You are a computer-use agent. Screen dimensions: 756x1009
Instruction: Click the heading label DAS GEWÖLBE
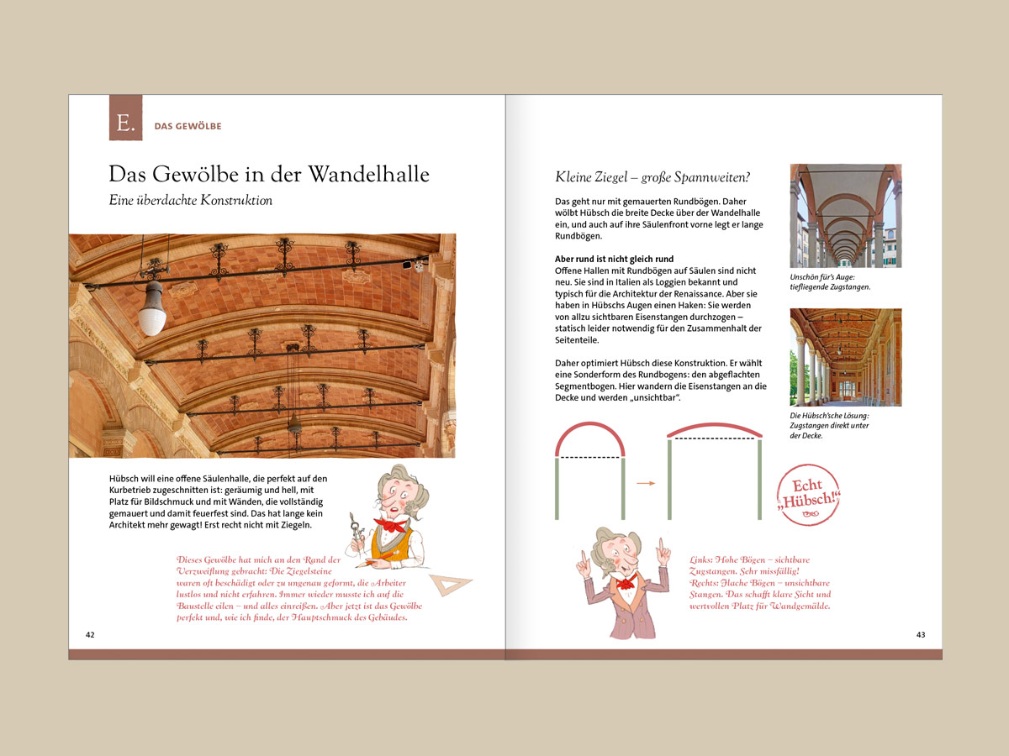click(188, 127)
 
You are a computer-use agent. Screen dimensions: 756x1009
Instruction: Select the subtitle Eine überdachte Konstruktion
click(191, 201)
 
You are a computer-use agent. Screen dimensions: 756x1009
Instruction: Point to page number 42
click(90, 634)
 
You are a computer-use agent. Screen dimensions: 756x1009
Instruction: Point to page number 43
click(921, 634)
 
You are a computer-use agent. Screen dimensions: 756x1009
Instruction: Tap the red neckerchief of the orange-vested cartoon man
click(389, 528)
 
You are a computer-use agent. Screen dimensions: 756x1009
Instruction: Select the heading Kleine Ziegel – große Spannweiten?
click(652, 177)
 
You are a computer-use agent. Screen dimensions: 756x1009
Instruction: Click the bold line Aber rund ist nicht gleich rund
click(614, 258)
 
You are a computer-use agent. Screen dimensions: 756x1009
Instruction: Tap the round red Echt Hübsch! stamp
click(811, 496)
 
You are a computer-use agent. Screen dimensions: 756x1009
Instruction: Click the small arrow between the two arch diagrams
click(645, 483)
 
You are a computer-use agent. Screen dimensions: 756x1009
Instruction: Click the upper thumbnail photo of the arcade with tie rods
click(845, 216)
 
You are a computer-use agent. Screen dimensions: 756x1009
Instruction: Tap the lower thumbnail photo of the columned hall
click(845, 357)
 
